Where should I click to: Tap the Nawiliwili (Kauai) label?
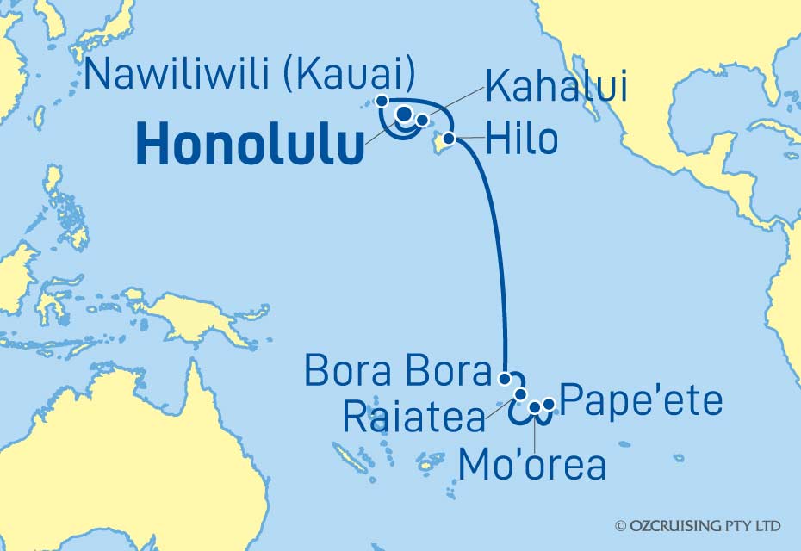(250, 77)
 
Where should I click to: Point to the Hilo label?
(522, 138)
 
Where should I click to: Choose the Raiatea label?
(414, 418)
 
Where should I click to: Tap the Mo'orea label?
(532, 465)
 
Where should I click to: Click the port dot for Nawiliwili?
(382, 101)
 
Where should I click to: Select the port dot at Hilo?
(449, 138)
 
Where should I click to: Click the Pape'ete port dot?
(548, 404)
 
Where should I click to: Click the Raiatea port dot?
(520, 394)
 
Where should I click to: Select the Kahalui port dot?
(421, 120)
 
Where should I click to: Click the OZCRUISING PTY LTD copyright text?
(698, 524)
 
